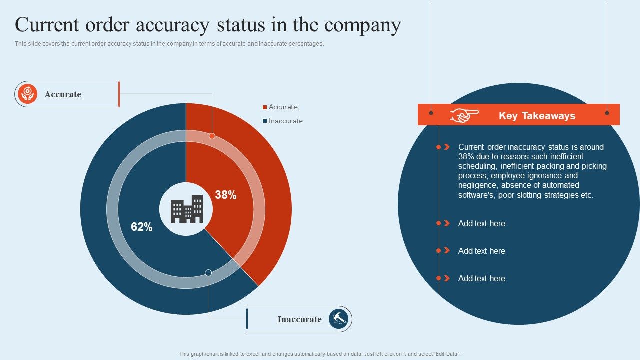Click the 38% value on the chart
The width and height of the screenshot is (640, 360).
[x=225, y=195]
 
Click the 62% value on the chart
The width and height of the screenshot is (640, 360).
[x=141, y=227]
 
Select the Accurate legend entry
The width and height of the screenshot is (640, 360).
[x=283, y=107]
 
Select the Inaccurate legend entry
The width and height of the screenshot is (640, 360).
[x=285, y=121]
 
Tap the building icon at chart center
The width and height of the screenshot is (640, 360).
[x=187, y=209]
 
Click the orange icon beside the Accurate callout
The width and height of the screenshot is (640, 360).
[x=28, y=94]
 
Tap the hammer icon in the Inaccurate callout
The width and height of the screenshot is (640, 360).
[x=338, y=319]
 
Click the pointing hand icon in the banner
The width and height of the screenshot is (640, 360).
[x=464, y=115]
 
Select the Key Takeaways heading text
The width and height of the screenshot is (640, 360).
[x=537, y=116]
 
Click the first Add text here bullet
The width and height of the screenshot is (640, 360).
[x=481, y=224]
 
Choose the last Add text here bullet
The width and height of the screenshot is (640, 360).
[x=481, y=279]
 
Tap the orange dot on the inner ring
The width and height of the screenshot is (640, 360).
[x=212, y=136]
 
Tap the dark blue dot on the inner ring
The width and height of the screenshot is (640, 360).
[x=208, y=273]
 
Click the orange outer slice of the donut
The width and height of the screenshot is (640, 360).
[x=270, y=200]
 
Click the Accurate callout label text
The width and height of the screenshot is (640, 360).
[x=63, y=94]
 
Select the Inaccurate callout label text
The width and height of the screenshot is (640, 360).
[x=299, y=319]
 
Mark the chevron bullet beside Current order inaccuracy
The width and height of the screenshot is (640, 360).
[x=447, y=147]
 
